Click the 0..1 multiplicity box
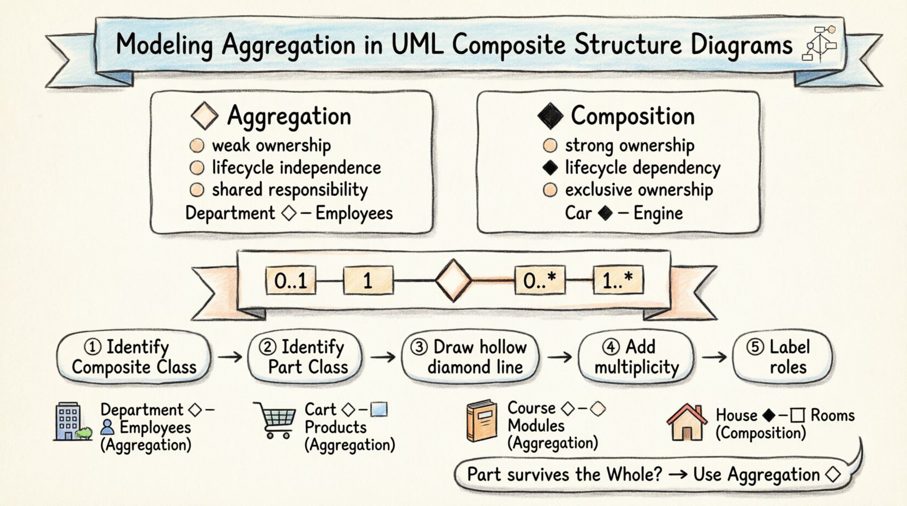click(x=291, y=281)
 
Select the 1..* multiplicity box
click(x=618, y=281)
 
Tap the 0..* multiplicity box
click(x=540, y=281)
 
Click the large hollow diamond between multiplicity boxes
click(x=453, y=281)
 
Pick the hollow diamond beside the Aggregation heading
click(x=205, y=117)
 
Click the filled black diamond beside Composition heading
click(x=549, y=116)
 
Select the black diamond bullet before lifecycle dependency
click(x=551, y=168)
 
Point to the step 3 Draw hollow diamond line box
click(x=470, y=357)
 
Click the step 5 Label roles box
click(x=782, y=357)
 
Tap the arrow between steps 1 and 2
click(x=229, y=357)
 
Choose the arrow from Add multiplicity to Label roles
click(x=714, y=357)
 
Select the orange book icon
click(x=482, y=420)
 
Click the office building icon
click(x=68, y=421)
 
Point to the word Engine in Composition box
click(x=658, y=213)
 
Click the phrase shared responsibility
click(x=289, y=190)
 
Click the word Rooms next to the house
click(x=832, y=415)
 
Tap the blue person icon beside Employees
click(x=107, y=427)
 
